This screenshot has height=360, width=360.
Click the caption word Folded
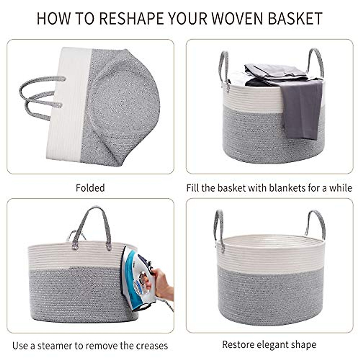pos(90,188)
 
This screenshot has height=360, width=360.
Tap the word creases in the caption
pos(152,346)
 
